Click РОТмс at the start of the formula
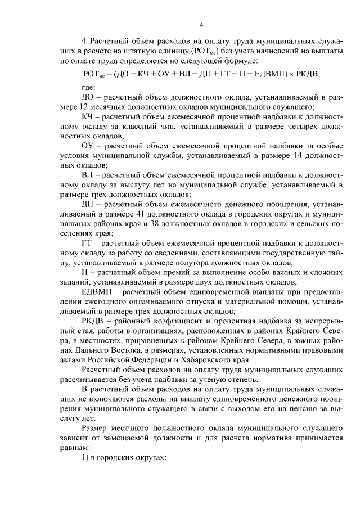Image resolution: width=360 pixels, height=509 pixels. coord(92,74)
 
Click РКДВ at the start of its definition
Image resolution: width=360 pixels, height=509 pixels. coord(93,322)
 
